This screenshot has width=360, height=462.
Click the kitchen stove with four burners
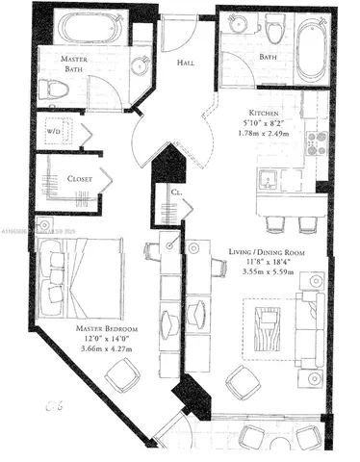[316, 144]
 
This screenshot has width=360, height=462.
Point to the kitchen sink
[269, 179]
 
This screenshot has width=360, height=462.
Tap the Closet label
[66, 179]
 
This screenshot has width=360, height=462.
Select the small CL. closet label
[176, 193]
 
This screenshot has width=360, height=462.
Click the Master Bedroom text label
[107, 330]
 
